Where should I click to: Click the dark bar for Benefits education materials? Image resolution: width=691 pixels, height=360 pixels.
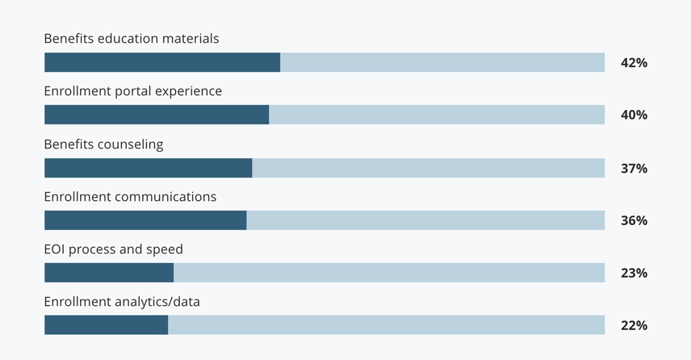coord(162,63)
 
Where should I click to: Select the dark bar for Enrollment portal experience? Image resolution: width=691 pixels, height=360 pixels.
coord(157,115)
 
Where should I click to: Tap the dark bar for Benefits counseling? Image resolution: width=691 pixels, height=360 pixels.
coord(149,168)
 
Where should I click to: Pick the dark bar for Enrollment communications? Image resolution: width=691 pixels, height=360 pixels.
coord(145,220)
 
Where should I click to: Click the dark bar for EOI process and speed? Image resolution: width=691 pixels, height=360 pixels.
coord(109,273)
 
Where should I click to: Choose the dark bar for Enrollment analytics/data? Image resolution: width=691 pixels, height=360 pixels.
coord(106,325)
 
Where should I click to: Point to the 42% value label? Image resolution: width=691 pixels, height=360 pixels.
coord(634,63)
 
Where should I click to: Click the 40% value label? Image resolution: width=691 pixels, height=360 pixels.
coord(634,115)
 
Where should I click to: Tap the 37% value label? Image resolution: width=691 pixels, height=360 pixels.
coord(634,169)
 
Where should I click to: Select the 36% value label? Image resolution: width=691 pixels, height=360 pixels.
coord(634,221)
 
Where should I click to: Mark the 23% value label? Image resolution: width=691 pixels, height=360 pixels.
coord(634,274)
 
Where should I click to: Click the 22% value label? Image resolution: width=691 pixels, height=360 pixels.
coord(634,326)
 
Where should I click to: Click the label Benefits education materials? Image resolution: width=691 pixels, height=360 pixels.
coord(132,39)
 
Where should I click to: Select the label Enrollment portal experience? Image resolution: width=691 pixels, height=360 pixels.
coord(133,91)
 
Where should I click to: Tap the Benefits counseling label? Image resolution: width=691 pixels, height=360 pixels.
coord(103,144)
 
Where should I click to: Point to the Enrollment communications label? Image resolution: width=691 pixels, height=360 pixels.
coord(130,197)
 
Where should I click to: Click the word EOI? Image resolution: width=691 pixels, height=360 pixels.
coord(55,249)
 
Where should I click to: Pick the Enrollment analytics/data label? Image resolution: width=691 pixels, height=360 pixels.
coord(122,302)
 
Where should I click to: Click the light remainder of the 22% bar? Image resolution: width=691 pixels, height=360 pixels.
coord(386,325)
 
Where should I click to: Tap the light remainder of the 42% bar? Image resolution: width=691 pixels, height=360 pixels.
coord(442,63)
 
